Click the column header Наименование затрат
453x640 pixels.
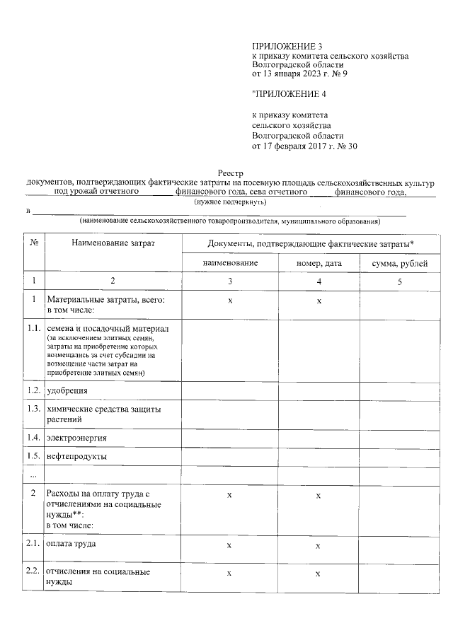[x=113, y=243]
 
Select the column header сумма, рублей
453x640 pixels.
[x=398, y=263]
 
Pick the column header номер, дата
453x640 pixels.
[x=319, y=263]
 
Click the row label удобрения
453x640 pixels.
[x=67, y=390]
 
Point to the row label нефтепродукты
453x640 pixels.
[x=76, y=456]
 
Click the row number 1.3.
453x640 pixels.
[x=33, y=409]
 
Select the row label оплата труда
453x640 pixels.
[x=71, y=544]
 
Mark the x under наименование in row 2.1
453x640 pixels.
[x=229, y=547]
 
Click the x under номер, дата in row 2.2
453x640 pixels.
[x=319, y=574]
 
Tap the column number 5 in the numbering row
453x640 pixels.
[x=398, y=281]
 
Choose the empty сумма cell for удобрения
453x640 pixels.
[x=398, y=390]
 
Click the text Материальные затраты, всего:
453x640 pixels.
[x=105, y=300]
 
